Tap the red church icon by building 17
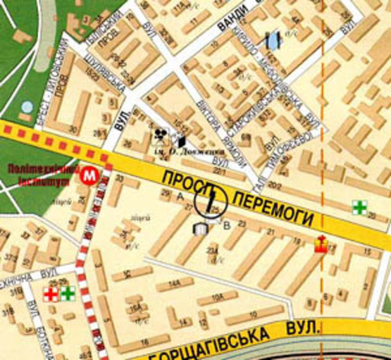point(320,245)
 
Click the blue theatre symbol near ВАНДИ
point(272,40)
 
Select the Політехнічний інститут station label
point(39,174)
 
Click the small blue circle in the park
point(27,107)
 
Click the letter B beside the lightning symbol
point(226,225)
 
